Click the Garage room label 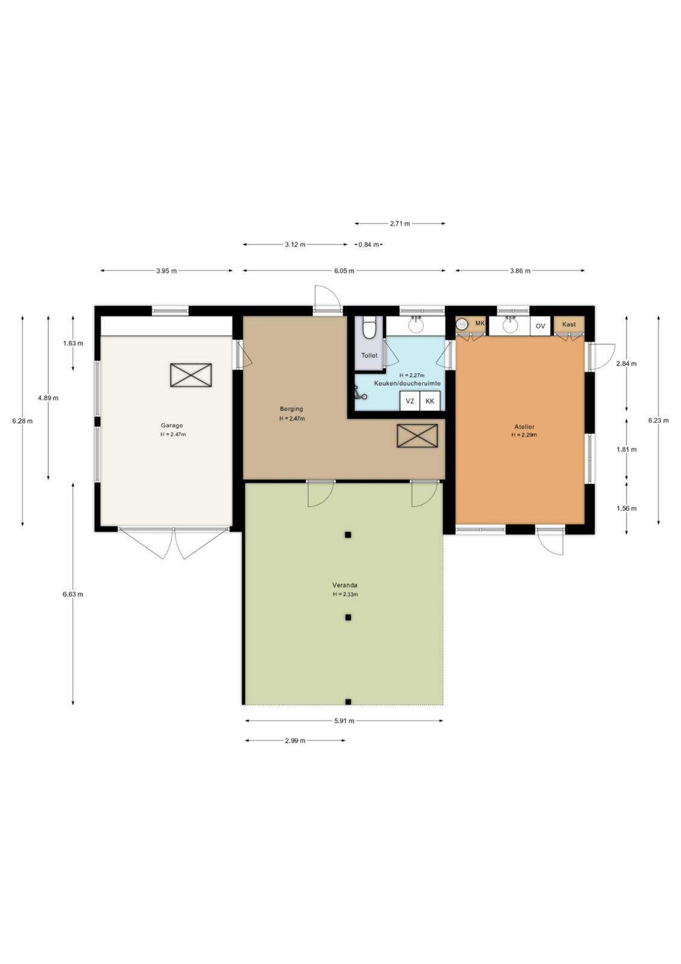click(172, 425)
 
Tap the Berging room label click(291, 409)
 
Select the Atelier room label click(524, 427)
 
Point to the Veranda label click(344, 585)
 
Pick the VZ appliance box click(410, 401)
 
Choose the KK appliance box click(430, 401)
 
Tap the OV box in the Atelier click(540, 326)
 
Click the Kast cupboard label click(569, 324)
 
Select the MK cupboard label click(480, 323)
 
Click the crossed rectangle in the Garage click(191, 375)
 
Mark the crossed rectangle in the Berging click(417, 436)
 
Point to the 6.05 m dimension click(344, 271)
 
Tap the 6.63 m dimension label click(73, 594)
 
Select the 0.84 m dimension click(368, 245)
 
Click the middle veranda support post click(348, 617)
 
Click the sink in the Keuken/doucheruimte click(416, 325)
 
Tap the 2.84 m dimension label click(626, 364)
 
